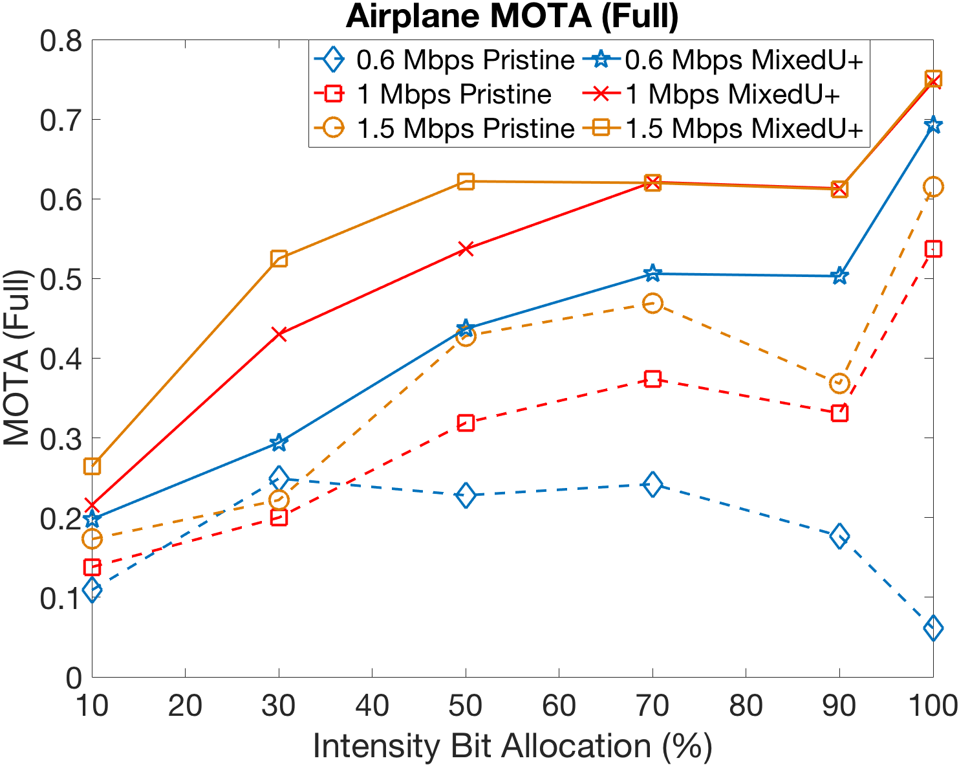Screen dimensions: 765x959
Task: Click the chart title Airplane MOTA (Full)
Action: coord(512,17)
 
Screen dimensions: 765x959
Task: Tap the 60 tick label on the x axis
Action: coord(559,706)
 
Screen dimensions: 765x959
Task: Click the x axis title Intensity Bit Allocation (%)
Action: coord(512,746)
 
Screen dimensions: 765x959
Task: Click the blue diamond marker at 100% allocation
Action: coord(932,628)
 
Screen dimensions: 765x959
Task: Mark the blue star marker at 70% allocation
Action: coord(652,274)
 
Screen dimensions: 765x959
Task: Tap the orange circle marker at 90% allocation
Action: coord(839,382)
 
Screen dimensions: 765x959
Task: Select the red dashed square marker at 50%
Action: coord(466,423)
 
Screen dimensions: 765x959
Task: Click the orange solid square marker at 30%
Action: coord(279,260)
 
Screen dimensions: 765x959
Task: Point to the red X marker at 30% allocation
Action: coord(279,334)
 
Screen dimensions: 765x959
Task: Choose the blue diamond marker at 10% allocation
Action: coord(92,590)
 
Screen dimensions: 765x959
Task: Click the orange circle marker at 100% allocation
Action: coord(932,187)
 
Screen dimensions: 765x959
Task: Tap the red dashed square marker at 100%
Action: coord(932,249)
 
